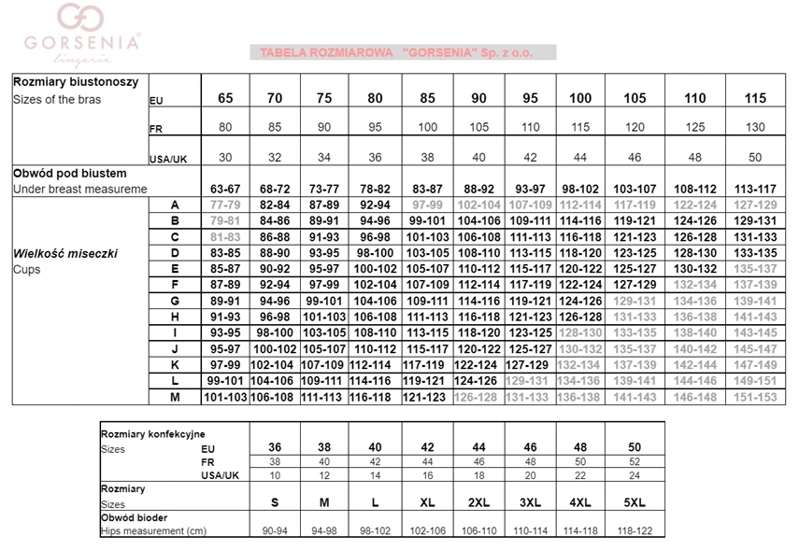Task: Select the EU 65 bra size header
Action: pyautogui.click(x=226, y=98)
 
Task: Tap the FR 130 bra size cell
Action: pyautogui.click(x=755, y=128)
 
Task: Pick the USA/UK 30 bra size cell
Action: pyautogui.click(x=226, y=158)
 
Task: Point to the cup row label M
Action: pyautogui.click(x=174, y=397)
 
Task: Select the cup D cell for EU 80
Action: pyautogui.click(x=375, y=253)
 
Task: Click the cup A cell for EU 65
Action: pyautogui.click(x=226, y=204)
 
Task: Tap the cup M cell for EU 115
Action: pyautogui.click(x=755, y=397)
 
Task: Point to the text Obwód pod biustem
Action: pyautogui.click(x=70, y=174)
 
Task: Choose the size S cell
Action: pyautogui.click(x=275, y=502)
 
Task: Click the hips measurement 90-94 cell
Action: pyautogui.click(x=275, y=531)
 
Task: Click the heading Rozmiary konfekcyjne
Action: pyautogui.click(x=152, y=433)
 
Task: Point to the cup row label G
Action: pyautogui.click(x=174, y=301)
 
